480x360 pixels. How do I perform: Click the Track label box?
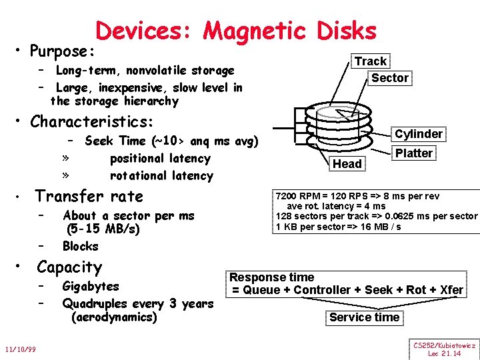click(x=370, y=61)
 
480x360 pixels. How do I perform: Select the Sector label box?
click(x=390, y=78)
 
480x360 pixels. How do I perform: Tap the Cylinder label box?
click(x=419, y=134)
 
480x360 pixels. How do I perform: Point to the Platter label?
click(x=414, y=153)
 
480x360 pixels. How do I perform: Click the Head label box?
click(x=347, y=164)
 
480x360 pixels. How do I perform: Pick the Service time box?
click(x=365, y=317)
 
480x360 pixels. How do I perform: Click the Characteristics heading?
click(x=92, y=122)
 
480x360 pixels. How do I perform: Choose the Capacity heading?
click(x=69, y=267)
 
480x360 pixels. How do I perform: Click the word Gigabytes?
click(x=91, y=287)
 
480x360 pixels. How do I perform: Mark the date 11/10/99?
click(x=21, y=349)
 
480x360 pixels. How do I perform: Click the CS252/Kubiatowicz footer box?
click(x=444, y=349)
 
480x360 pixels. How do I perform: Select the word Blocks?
click(x=80, y=246)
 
